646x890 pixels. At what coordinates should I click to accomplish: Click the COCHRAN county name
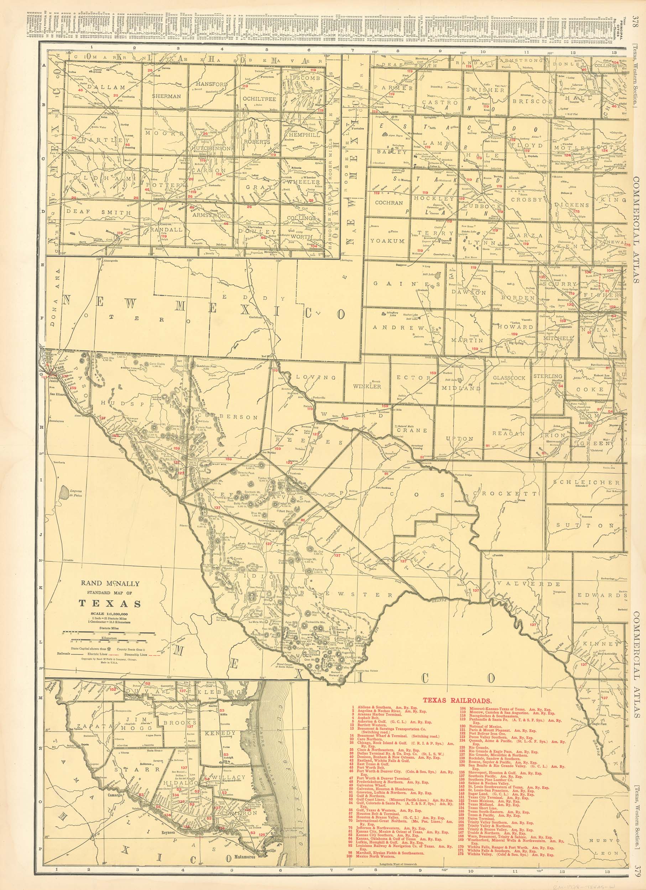389,203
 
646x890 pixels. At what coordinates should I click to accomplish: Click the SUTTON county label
586,525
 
